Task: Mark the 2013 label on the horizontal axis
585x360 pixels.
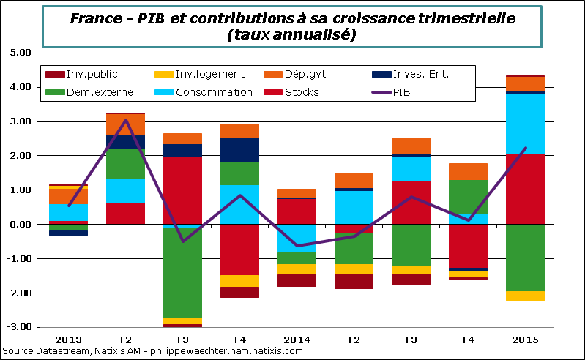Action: pos(69,340)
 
